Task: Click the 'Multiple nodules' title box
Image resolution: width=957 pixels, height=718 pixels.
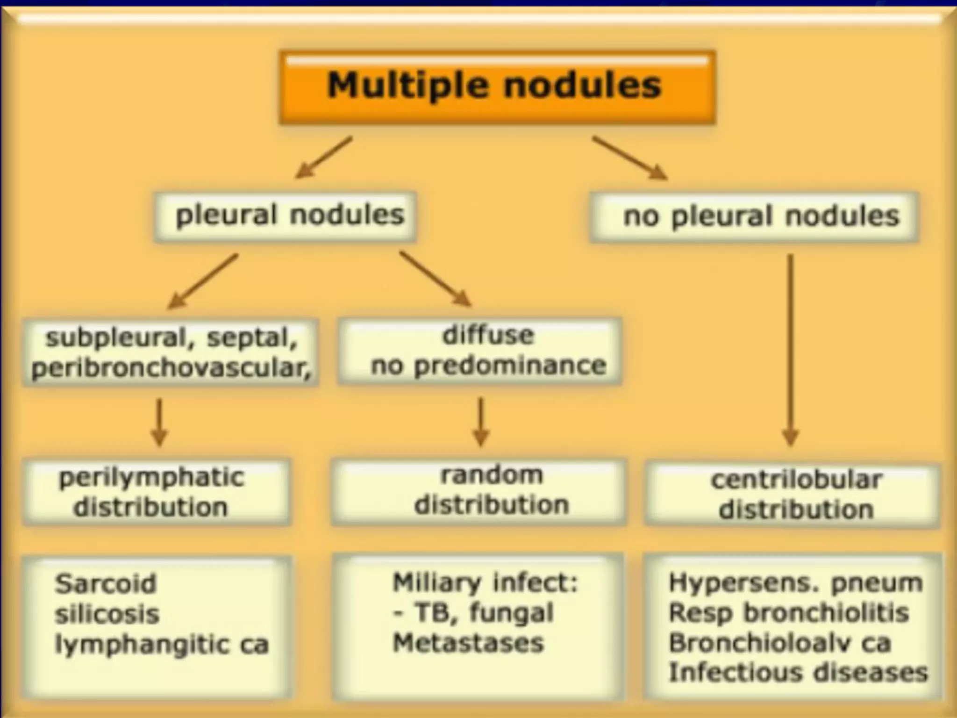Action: [x=497, y=87]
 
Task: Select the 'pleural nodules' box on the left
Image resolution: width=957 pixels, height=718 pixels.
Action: [x=285, y=216]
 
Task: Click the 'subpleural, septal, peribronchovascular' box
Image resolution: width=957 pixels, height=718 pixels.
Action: [x=171, y=352]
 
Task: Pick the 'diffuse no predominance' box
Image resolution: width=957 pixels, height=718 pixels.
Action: [x=480, y=351]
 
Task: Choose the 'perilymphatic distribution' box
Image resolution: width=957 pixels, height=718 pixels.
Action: [x=157, y=492]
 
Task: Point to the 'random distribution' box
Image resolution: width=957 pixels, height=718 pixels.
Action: [x=478, y=491]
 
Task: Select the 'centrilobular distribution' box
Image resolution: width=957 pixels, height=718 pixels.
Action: [x=793, y=495]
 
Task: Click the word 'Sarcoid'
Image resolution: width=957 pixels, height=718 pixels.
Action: [x=106, y=584]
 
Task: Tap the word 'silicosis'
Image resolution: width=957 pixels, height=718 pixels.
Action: [x=107, y=614]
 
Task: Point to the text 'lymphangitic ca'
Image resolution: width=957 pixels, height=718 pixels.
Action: [x=162, y=645]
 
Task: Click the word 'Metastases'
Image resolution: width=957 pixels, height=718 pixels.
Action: [x=468, y=642]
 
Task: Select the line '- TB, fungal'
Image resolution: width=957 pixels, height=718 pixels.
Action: [x=473, y=612]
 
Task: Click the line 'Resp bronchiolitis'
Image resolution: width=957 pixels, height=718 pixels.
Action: [x=789, y=613]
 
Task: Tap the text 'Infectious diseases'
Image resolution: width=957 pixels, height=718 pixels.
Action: [x=798, y=673]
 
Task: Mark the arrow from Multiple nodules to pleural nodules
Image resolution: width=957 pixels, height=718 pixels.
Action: [x=323, y=157]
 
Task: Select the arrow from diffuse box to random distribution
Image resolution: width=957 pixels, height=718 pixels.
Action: [x=481, y=421]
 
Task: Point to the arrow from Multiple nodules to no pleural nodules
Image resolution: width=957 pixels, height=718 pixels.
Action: [x=629, y=157]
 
